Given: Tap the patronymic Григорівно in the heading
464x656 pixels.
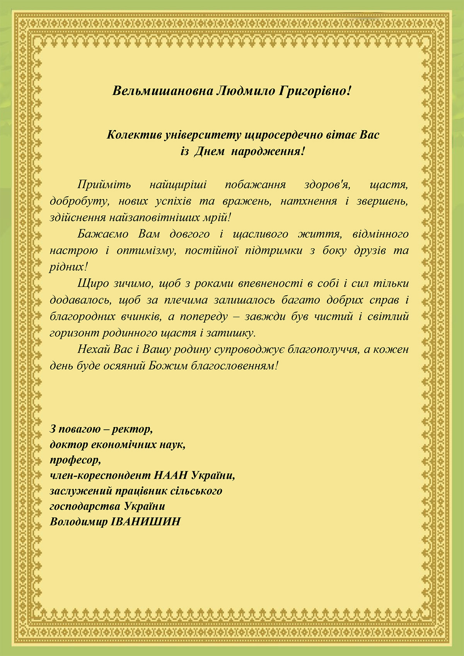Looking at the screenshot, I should click(315, 91).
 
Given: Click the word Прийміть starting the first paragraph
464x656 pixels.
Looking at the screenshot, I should click(104, 184).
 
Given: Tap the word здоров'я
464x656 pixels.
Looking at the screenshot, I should click(327, 184).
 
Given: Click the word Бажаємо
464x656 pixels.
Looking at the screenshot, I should click(103, 234).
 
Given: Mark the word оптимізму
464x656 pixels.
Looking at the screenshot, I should click(147, 250).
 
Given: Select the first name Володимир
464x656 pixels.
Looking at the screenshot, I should click(79, 522).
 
